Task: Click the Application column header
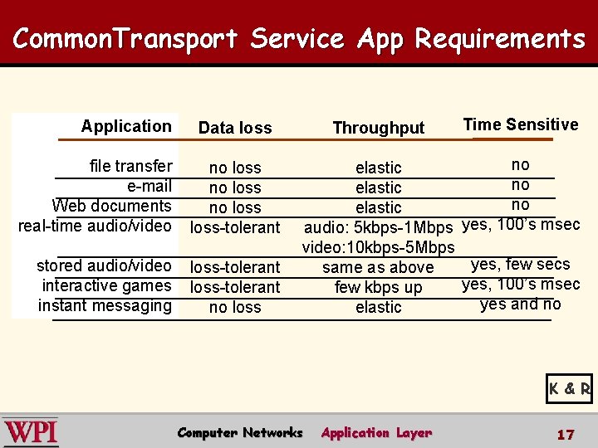pyautogui.click(x=126, y=126)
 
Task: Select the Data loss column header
pyautogui.click(x=235, y=128)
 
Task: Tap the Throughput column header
pyautogui.click(x=378, y=128)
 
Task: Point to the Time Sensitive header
pyautogui.click(x=520, y=124)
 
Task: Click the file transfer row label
pyautogui.click(x=130, y=166)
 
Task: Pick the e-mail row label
pyautogui.click(x=149, y=186)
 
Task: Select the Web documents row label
pyautogui.click(x=112, y=206)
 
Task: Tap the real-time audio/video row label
pyautogui.click(x=95, y=226)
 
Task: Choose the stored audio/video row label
pyautogui.click(x=104, y=265)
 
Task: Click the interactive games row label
pyautogui.click(x=106, y=285)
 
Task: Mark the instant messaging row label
pyautogui.click(x=105, y=305)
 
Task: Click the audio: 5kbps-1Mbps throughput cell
pyautogui.click(x=379, y=227)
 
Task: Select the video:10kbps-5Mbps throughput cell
pyautogui.click(x=378, y=247)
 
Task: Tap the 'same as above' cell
pyautogui.click(x=378, y=267)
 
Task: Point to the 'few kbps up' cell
pyautogui.click(x=378, y=287)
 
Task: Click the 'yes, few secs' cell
pyautogui.click(x=520, y=264)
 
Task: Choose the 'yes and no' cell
pyautogui.click(x=520, y=304)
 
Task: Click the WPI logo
pyautogui.click(x=31, y=432)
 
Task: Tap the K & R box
pyautogui.click(x=569, y=387)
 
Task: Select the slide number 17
pyautogui.click(x=566, y=434)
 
